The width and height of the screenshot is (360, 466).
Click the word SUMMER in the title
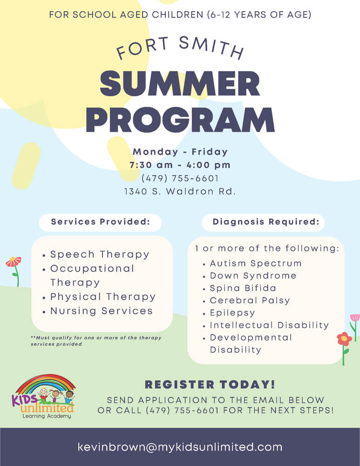(x=180, y=83)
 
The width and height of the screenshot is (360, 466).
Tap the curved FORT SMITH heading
(x=180, y=48)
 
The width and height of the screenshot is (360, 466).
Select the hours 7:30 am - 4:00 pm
(x=180, y=165)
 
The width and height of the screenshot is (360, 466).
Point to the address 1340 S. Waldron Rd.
(x=180, y=192)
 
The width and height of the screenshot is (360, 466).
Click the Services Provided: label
(x=101, y=222)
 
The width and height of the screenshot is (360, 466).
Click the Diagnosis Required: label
(x=266, y=222)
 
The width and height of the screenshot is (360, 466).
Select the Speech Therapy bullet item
(x=100, y=255)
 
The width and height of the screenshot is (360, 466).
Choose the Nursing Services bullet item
(x=101, y=311)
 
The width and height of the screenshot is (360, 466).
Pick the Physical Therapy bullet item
(x=103, y=297)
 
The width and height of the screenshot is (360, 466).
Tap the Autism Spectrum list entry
(x=255, y=263)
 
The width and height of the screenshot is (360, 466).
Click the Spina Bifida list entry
(x=243, y=288)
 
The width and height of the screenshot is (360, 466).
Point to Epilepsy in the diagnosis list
(x=232, y=313)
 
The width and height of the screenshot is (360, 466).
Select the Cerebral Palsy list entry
(x=250, y=301)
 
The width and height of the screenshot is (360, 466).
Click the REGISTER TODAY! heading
(x=210, y=384)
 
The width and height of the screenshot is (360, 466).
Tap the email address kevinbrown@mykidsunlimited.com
(x=180, y=447)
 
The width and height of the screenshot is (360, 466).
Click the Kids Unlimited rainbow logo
(x=43, y=397)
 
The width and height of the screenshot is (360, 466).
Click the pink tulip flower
(x=355, y=318)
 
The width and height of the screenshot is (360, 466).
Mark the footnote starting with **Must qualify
(x=96, y=341)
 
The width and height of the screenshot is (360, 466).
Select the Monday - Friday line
(x=180, y=152)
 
